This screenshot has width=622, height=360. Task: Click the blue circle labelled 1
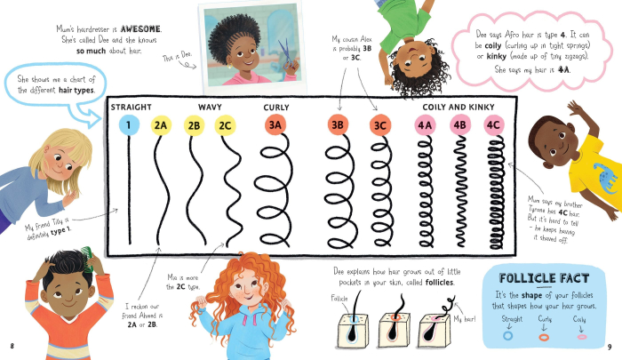click(129, 125)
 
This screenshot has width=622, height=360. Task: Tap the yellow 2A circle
click(161, 125)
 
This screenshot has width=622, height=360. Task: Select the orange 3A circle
click(275, 125)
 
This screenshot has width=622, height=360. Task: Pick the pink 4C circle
click(493, 125)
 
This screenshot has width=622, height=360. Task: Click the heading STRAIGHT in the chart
click(132, 108)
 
